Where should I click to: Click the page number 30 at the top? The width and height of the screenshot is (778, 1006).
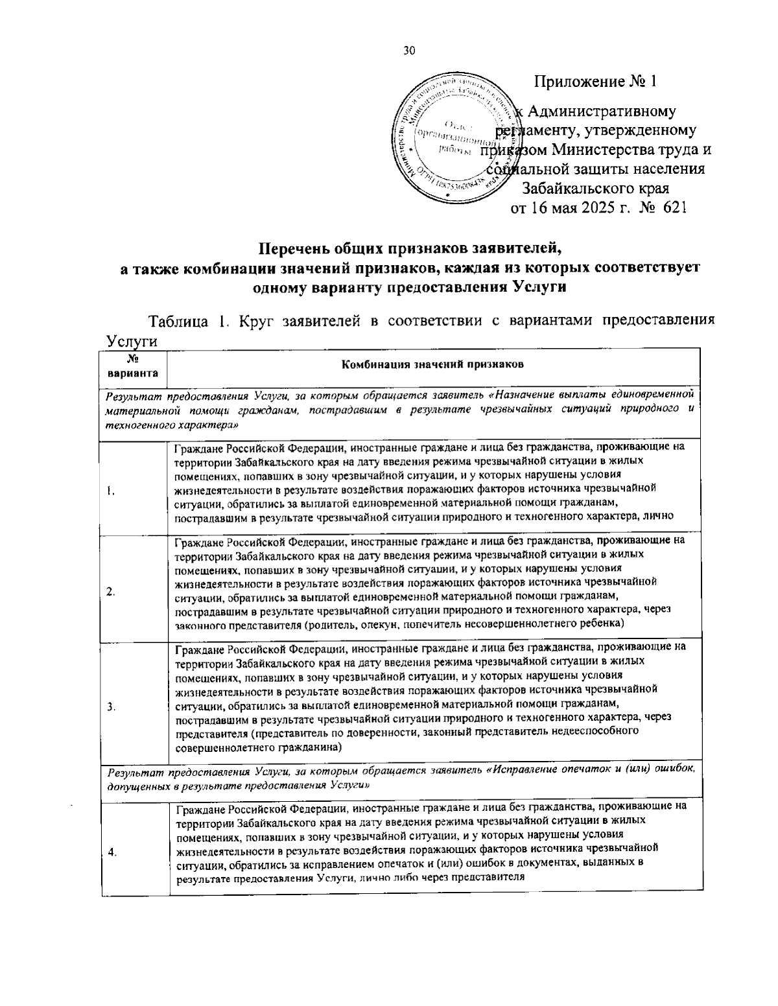408,52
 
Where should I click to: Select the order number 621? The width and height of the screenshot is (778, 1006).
672,208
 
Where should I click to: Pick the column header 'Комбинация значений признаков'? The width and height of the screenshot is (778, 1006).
432,364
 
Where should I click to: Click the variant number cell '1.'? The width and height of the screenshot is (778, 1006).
112,491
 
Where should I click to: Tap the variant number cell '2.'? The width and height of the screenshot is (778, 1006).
112,591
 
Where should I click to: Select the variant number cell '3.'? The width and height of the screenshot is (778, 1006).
112,707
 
